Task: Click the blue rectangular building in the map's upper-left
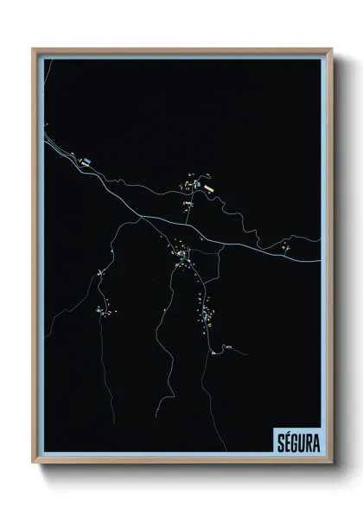[x=87, y=161]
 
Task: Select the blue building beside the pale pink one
[x=198, y=184]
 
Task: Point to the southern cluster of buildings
[x=207, y=315]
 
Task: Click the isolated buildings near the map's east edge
[x=286, y=248]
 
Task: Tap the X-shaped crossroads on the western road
[x=101, y=274]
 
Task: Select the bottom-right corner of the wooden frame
[x=330, y=463]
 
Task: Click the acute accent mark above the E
[x=286, y=432]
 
